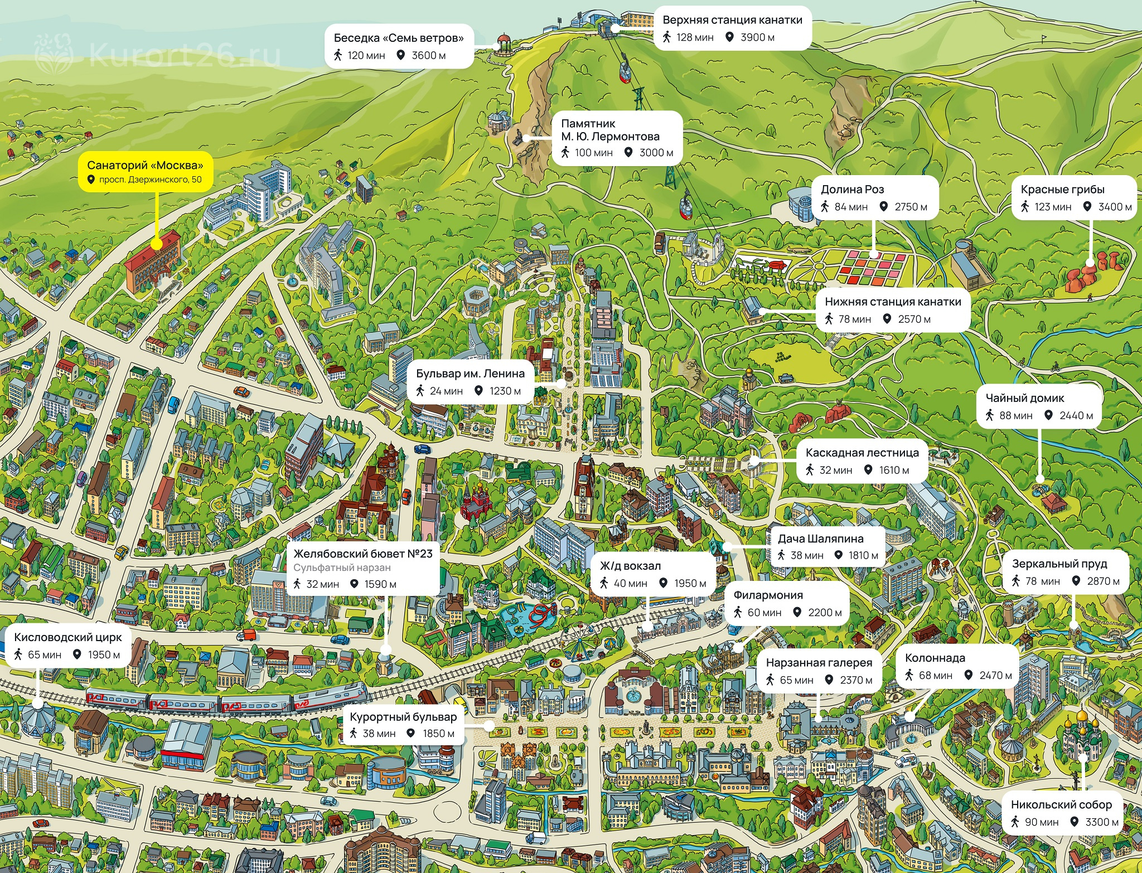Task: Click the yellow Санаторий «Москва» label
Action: click(x=145, y=172)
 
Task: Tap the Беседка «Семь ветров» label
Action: click(x=399, y=46)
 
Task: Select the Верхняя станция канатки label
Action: click(x=732, y=28)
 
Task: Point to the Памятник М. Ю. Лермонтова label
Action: click(x=617, y=138)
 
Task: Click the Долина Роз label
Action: click(x=874, y=198)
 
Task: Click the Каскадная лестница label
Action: click(x=862, y=461)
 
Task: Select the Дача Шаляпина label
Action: click(x=828, y=547)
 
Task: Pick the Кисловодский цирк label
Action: click(x=67, y=646)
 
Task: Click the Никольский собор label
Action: click(x=1063, y=813)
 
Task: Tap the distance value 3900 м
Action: click(x=757, y=37)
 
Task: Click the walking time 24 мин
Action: click(x=446, y=391)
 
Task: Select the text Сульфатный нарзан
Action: click(x=342, y=568)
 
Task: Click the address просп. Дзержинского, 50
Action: click(x=150, y=180)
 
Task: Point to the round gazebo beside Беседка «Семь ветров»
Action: click(x=503, y=44)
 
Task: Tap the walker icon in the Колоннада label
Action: click(x=909, y=675)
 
